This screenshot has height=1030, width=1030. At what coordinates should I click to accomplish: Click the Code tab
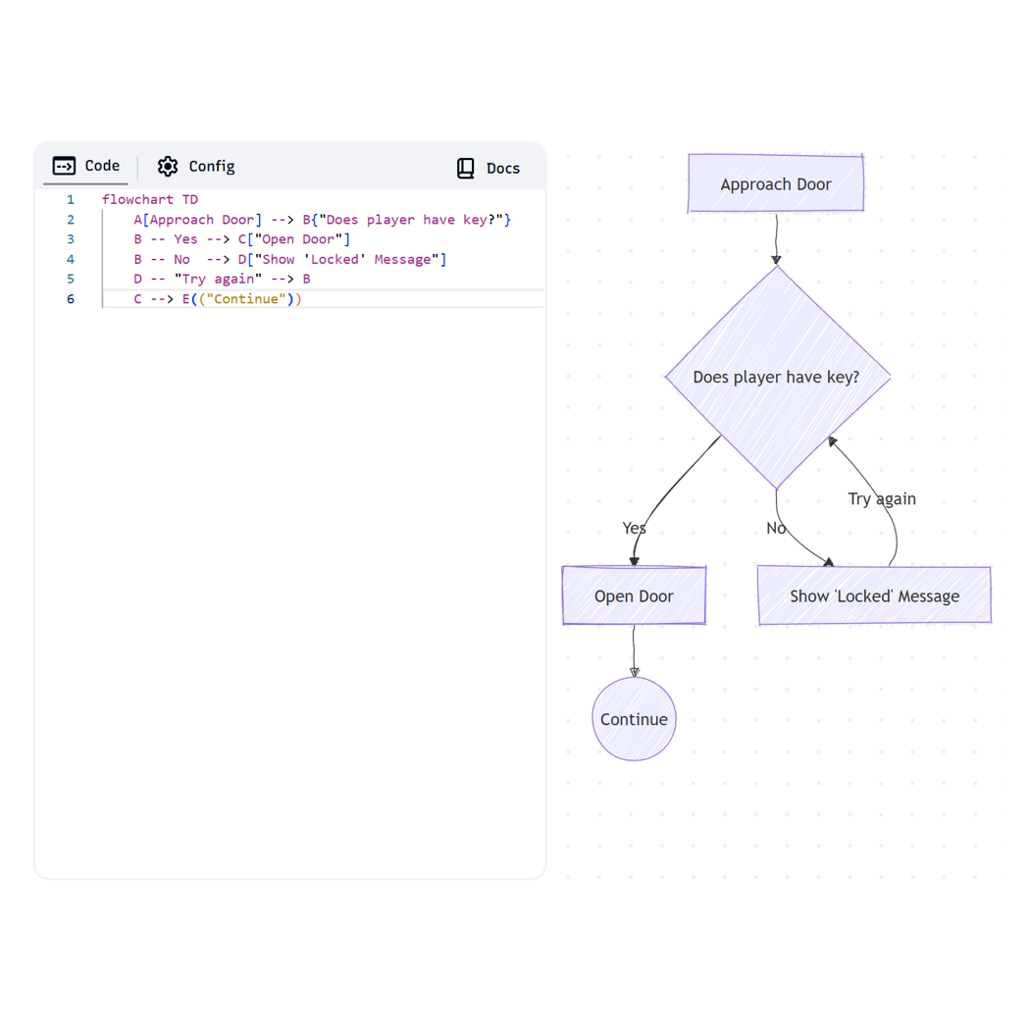[86, 166]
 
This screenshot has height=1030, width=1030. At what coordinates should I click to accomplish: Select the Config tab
[196, 167]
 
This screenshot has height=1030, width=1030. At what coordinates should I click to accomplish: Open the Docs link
[489, 168]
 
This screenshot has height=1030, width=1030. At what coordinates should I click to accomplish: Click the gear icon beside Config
[168, 167]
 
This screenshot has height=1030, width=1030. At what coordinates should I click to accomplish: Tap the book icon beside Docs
[466, 168]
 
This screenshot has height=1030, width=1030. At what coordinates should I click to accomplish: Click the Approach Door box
[775, 183]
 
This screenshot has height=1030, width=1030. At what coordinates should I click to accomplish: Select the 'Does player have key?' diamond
[777, 377]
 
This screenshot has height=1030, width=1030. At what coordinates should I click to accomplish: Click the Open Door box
[634, 595]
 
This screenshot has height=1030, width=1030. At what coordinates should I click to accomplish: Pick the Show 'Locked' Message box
[874, 595]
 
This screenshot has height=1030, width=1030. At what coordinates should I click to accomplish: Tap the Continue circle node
[634, 719]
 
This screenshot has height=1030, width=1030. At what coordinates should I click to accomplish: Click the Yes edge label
[634, 528]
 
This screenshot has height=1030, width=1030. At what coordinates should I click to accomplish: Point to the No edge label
[776, 528]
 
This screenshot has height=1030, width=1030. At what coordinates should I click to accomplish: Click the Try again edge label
[882, 498]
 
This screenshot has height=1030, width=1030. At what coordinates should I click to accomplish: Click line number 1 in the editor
[70, 199]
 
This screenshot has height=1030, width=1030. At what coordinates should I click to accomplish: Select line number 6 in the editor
[70, 299]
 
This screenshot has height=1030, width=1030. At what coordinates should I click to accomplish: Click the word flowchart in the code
[137, 199]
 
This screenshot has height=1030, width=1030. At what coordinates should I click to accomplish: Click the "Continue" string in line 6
[246, 299]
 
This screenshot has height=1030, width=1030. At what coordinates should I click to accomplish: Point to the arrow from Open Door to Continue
[634, 650]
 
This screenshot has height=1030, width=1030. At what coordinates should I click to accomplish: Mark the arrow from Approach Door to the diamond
[776, 238]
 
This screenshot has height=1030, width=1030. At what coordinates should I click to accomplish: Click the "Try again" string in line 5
[218, 279]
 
